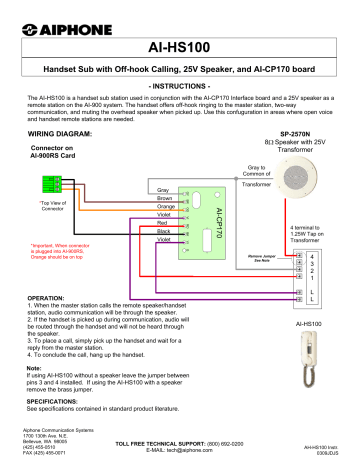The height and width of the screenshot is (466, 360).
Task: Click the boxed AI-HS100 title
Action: [180, 47]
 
